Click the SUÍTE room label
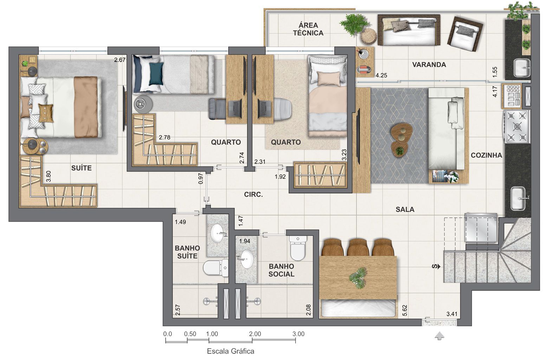[81, 168]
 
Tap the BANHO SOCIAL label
[281, 270]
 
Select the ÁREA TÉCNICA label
[308, 29]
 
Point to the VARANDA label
[429, 65]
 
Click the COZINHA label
[486, 155]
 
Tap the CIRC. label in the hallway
[253, 194]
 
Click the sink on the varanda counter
[522, 67]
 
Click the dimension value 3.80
[49, 176]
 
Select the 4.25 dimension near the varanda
[381, 75]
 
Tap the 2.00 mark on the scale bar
[255, 334]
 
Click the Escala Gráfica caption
[230, 351]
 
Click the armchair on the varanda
[465, 33]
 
